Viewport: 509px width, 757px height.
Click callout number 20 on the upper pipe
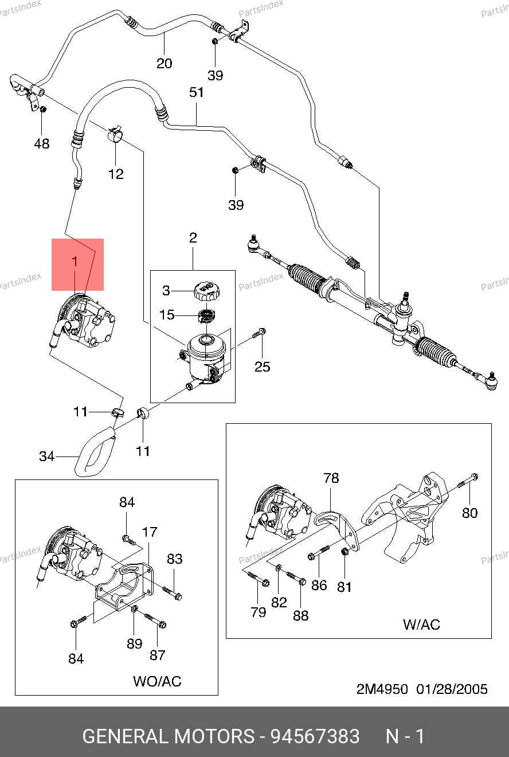coord(165,63)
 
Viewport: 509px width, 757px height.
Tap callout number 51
coord(197,93)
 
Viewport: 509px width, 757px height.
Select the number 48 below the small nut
coord(42,143)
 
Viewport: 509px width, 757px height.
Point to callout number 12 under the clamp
coord(116,173)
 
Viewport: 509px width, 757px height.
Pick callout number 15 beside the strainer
coord(167,315)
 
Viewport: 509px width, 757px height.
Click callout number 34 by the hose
coord(47,456)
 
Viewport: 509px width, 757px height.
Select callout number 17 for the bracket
coord(149,532)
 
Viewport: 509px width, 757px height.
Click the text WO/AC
coord(157,681)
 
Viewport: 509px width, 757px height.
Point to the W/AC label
coord(421,624)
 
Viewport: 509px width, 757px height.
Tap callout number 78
coord(331,478)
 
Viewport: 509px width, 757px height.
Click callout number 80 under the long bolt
coord(469,513)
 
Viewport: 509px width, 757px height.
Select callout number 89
coord(135,643)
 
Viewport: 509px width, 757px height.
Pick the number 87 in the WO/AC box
coord(158,655)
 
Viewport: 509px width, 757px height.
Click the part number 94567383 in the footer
coord(315,736)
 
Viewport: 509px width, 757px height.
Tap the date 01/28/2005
coord(453,689)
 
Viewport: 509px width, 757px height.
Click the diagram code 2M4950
coord(382,689)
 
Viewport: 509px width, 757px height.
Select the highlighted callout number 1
coord(75,262)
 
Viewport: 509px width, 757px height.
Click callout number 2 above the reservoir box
coord(193,237)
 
